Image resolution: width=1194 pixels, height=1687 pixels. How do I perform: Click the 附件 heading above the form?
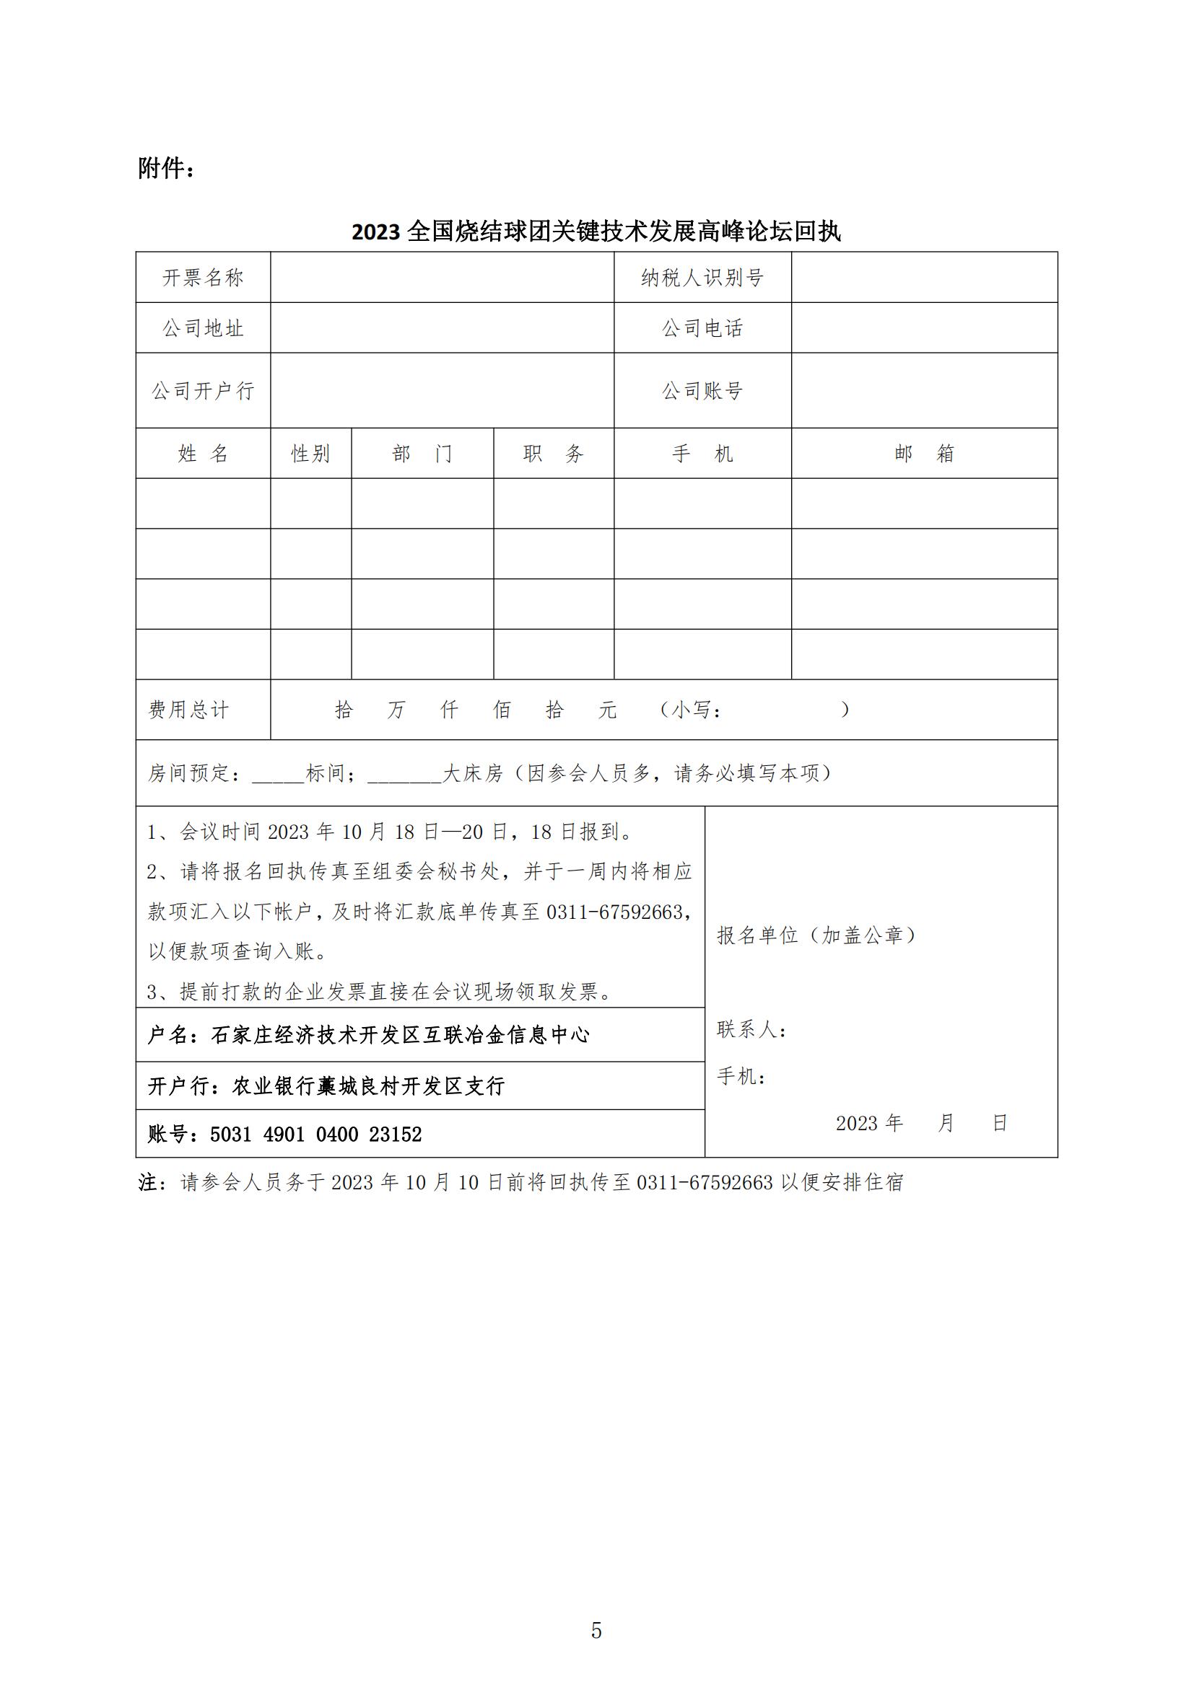pyautogui.click(x=166, y=169)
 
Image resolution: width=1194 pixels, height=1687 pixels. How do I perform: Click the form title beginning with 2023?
pyautogui.click(x=596, y=232)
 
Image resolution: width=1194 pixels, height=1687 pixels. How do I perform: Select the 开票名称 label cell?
pyautogui.click(x=203, y=278)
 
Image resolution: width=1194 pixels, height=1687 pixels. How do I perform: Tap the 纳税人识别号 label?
pyautogui.click(x=702, y=278)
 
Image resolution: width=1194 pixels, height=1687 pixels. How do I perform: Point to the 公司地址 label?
pyautogui.click(x=203, y=328)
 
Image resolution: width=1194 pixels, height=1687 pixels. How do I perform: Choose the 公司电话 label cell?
pyautogui.click(x=702, y=328)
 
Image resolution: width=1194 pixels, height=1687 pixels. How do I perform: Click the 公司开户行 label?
pyautogui.click(x=203, y=391)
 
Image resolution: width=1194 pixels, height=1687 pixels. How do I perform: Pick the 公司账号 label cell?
pyautogui.click(x=702, y=391)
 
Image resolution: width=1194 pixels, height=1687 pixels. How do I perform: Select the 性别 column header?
pyautogui.click(x=310, y=454)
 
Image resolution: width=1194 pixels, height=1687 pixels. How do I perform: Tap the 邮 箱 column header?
pyautogui.click(x=924, y=454)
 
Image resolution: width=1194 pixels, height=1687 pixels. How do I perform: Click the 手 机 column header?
pyautogui.click(x=702, y=454)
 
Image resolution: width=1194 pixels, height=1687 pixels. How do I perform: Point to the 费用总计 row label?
pyautogui.click(x=189, y=710)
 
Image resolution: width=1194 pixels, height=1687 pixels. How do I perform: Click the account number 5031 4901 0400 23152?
pyautogui.click(x=316, y=1135)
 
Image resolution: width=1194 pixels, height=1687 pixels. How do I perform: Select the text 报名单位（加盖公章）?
pyautogui.click(x=817, y=935)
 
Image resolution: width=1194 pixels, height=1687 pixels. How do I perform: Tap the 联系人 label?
pyautogui.click(x=751, y=1029)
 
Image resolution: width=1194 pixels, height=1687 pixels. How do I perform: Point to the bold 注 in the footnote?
pyautogui.click(x=148, y=1182)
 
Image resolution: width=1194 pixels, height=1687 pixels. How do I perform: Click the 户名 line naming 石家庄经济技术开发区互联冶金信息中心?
pyautogui.click(x=369, y=1035)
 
